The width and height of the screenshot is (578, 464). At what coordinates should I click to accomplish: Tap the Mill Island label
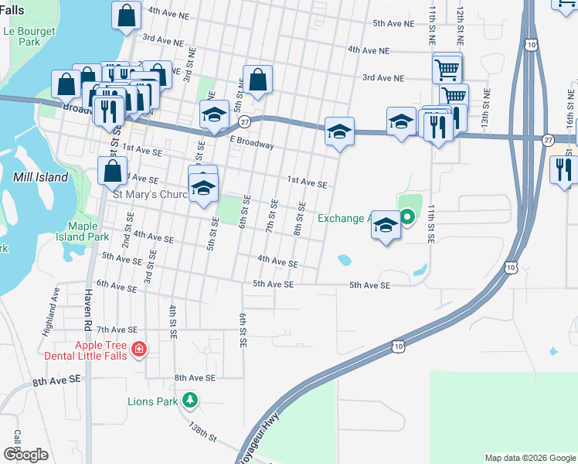pos(40,177)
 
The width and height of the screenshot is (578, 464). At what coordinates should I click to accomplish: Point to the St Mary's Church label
pos(151,195)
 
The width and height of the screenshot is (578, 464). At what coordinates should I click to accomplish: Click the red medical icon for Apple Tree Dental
pos(138,350)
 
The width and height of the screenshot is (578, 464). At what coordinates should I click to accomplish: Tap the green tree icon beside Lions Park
pos(190,401)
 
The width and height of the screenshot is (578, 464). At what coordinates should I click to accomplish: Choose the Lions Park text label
pos(152,401)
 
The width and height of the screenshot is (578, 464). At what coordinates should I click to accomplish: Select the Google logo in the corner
pos(26,455)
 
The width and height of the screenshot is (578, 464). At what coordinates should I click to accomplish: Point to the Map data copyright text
pos(529,458)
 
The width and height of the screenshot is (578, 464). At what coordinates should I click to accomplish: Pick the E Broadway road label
pos(251,145)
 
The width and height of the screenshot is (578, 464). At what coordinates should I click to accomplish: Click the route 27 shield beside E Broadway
pos(244,122)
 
